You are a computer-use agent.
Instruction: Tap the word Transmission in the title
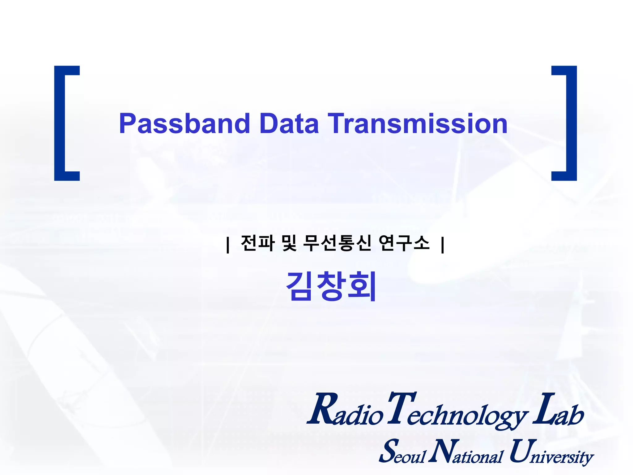tap(417, 124)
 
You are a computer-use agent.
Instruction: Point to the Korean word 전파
tap(257, 243)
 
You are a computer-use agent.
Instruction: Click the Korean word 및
tap(289, 243)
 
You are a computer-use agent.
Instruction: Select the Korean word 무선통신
tap(337, 243)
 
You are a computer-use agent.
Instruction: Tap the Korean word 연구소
tap(404, 243)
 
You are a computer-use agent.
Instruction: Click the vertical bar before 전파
tap(228, 245)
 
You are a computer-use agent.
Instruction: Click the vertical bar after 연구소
tap(443, 245)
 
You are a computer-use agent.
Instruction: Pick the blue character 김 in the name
tap(300, 286)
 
